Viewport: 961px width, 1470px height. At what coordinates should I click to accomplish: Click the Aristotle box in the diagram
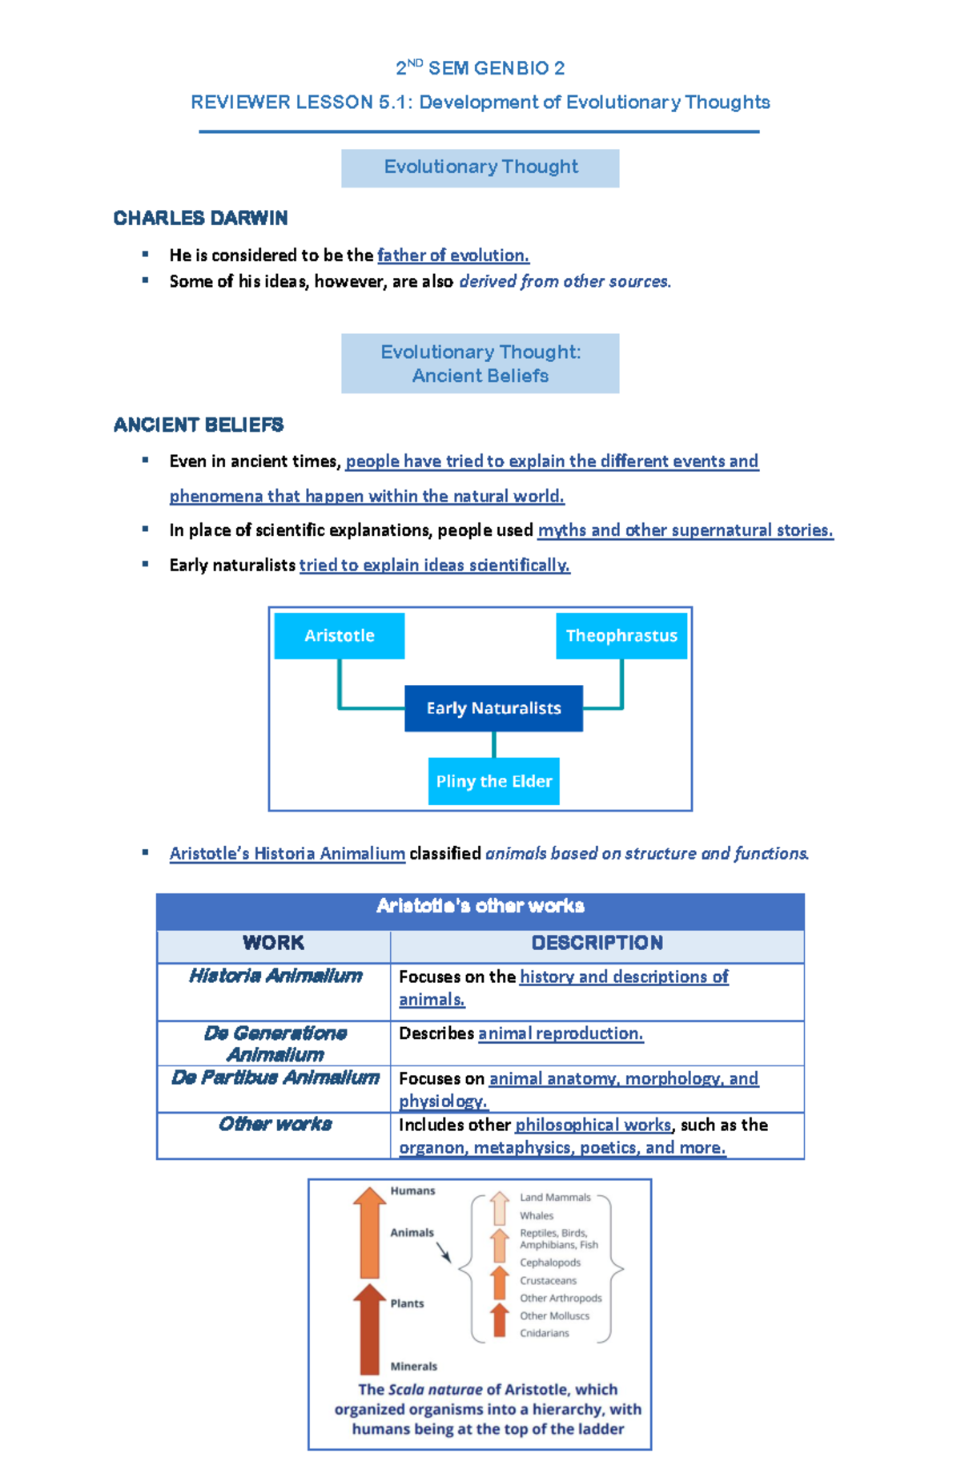coord(339,636)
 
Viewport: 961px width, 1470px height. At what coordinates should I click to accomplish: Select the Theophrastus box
coord(621,636)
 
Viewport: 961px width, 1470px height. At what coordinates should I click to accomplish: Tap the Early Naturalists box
coord(493,708)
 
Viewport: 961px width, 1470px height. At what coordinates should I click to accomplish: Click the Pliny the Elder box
coord(493,781)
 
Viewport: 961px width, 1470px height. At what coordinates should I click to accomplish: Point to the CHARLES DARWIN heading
coord(200,218)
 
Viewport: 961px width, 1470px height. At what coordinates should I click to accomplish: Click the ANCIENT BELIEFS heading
coord(199,425)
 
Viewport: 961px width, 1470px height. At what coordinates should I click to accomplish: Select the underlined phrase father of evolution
coord(453,256)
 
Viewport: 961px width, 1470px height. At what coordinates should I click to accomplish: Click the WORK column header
coord(273,943)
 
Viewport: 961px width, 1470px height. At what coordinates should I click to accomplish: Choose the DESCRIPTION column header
coord(597,943)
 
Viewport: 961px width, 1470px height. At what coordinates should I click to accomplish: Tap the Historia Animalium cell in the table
coord(275,976)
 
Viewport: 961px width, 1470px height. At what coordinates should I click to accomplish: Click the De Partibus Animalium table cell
coord(275,1078)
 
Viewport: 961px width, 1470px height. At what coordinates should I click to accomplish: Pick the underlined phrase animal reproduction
coord(561,1033)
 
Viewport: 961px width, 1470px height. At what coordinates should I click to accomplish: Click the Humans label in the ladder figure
coord(412,1191)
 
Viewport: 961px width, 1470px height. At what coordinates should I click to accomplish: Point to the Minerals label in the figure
coord(413,1367)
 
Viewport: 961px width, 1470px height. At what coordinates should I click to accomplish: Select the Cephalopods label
coord(550,1263)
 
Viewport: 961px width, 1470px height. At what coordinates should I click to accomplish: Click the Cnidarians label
coord(545,1333)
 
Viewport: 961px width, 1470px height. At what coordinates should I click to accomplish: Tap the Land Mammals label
coord(555,1198)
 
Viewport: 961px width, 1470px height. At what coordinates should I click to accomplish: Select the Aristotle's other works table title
coord(480,906)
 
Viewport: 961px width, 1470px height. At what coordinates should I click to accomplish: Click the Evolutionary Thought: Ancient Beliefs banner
coord(480,364)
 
